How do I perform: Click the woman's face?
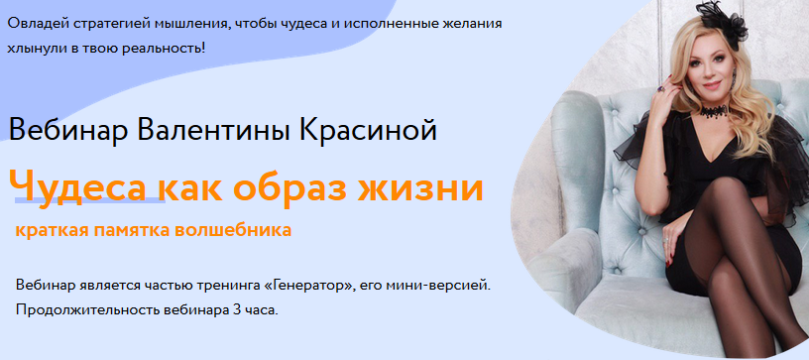[x=698, y=69]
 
